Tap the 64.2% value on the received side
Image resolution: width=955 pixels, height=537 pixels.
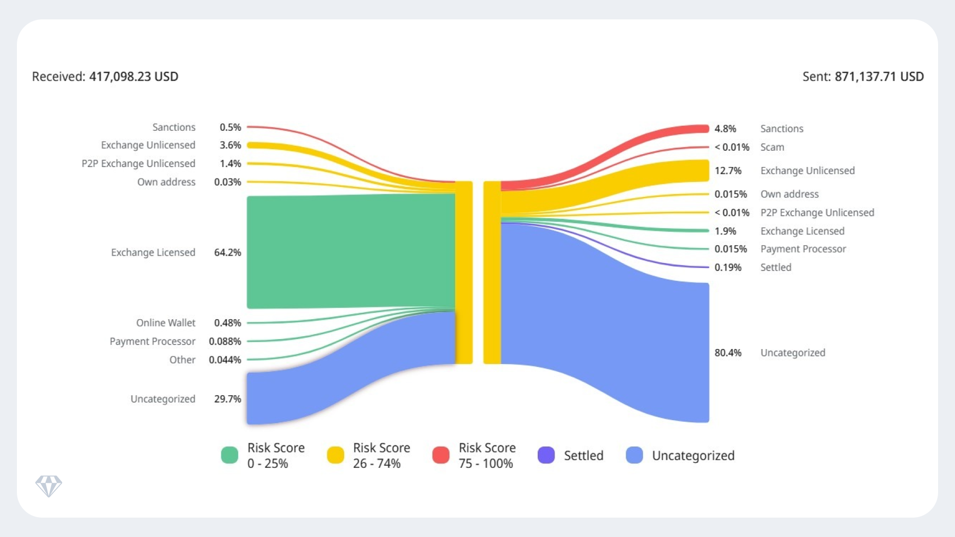(227, 253)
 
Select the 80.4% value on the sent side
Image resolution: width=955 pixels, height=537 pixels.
(728, 353)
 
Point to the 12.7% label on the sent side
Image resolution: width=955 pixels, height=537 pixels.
(728, 171)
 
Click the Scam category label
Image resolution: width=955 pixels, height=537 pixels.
(772, 147)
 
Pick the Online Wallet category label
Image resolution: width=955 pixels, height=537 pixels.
(166, 323)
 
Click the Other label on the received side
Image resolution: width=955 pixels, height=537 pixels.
(182, 359)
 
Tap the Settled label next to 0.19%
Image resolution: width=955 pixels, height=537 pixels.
(775, 268)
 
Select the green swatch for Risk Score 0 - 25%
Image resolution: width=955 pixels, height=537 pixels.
(230, 455)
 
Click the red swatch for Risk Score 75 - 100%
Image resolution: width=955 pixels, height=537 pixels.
(441, 455)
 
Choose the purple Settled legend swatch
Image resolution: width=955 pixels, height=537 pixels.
(546, 455)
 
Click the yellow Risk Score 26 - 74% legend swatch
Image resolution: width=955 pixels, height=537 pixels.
(335, 455)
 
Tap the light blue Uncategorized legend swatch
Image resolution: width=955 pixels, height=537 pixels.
(634, 455)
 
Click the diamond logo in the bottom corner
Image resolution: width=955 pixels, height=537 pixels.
(49, 486)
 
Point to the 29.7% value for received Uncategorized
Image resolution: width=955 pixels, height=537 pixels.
(227, 399)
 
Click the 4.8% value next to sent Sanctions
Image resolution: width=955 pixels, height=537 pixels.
(725, 129)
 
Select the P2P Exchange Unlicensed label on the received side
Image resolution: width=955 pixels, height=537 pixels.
(138, 164)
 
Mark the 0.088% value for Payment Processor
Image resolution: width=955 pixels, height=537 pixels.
(225, 341)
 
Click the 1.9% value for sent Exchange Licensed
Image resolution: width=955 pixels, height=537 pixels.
(725, 231)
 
